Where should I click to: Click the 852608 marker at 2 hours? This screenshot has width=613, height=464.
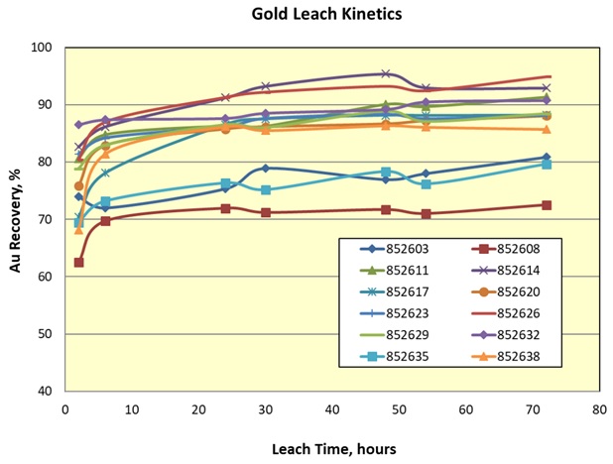[x=78, y=263]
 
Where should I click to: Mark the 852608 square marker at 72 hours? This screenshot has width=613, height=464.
[x=547, y=205]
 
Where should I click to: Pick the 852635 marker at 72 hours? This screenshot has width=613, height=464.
[x=547, y=165]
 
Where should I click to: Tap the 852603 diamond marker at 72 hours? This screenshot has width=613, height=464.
[x=547, y=158]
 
